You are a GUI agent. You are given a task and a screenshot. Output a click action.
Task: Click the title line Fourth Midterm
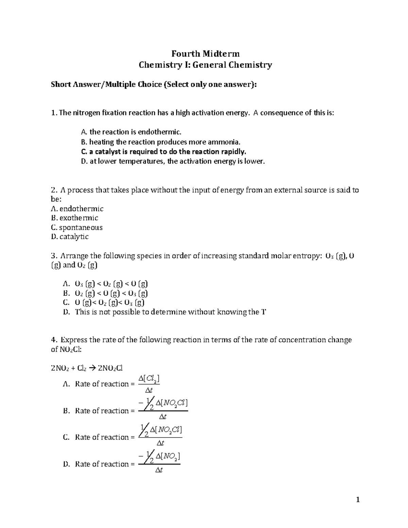pos(205,54)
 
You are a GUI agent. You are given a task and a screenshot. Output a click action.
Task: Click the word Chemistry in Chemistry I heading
pos(156,65)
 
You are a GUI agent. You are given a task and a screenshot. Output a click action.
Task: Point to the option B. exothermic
pos(74,218)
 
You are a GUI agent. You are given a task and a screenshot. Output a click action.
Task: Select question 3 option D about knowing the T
pos(165,312)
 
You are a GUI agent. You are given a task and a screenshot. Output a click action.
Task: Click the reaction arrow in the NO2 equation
pos(92,368)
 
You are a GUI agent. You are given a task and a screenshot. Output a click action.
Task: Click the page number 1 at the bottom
pos(357,499)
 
